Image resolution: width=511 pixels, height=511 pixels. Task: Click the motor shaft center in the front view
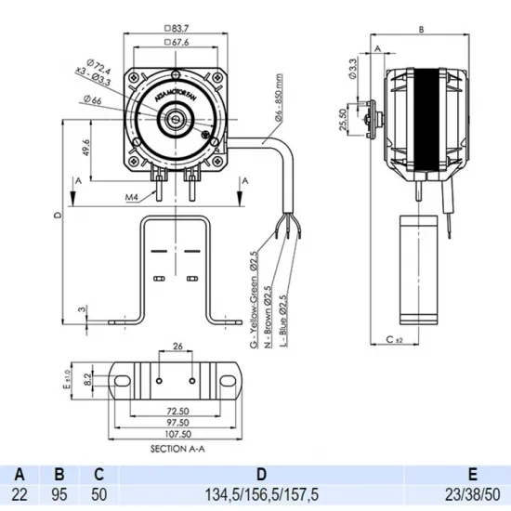click(x=174, y=118)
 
